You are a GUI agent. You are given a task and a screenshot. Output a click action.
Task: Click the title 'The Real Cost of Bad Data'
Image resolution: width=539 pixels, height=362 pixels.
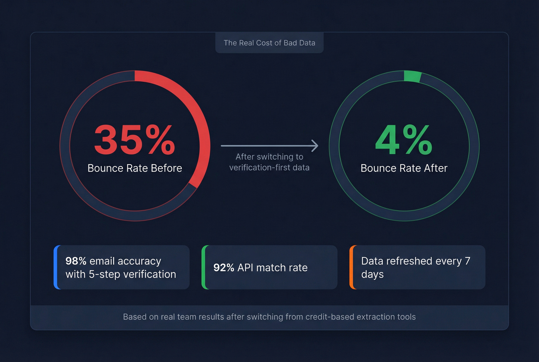pyautogui.click(x=269, y=43)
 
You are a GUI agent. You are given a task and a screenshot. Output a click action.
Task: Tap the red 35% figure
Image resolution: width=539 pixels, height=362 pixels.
pyautogui.click(x=134, y=140)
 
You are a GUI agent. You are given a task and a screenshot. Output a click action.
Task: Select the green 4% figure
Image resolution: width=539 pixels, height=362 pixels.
pyautogui.click(x=404, y=140)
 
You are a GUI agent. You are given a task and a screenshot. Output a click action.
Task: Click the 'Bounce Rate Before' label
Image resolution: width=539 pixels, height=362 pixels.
pyautogui.click(x=135, y=168)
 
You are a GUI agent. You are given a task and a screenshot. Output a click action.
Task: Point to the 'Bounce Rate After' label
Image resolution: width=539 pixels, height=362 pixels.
pyautogui.click(x=404, y=168)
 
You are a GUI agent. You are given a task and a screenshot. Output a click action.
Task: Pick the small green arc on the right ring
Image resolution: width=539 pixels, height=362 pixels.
pyautogui.click(x=412, y=76)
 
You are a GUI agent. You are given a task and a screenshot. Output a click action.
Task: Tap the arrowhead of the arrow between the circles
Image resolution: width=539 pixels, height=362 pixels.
pyautogui.click(x=315, y=146)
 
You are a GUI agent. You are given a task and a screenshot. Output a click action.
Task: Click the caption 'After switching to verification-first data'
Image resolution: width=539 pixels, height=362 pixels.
pyautogui.click(x=269, y=162)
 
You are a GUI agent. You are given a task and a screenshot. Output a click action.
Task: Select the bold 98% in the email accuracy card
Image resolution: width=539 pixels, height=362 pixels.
pyautogui.click(x=76, y=261)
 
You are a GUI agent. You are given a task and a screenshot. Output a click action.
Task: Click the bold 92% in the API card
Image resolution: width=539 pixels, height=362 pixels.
pyautogui.click(x=224, y=268)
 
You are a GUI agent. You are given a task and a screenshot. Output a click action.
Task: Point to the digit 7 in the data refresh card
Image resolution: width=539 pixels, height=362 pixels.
pyautogui.click(x=467, y=261)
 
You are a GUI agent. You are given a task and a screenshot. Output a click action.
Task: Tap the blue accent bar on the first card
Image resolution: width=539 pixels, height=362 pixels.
pyautogui.click(x=56, y=267)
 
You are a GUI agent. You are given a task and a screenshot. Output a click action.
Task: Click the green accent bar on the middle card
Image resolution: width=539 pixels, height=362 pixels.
pyautogui.click(x=204, y=267)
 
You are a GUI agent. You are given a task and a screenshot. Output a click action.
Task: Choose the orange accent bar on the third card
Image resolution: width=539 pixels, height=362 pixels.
pyautogui.click(x=352, y=267)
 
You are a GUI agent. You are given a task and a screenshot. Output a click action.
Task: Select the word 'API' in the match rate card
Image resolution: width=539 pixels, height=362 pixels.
pyautogui.click(x=245, y=268)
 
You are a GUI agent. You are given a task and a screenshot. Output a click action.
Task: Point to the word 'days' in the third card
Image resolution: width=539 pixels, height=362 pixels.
pyautogui.click(x=372, y=274)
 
